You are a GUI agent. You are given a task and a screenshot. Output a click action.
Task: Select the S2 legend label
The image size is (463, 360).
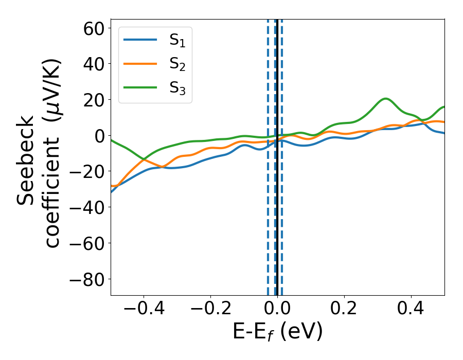[177, 64]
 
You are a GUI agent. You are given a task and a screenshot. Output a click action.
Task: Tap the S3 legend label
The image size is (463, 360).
[177, 88]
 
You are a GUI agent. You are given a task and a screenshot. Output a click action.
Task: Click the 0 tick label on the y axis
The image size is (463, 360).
[99, 136]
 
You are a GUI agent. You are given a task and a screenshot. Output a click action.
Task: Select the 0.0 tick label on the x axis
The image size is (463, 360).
[277, 310]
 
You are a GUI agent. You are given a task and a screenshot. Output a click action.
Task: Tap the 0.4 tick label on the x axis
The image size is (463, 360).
[411, 310]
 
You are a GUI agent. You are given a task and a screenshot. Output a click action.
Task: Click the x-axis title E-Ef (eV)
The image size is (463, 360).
[277, 332]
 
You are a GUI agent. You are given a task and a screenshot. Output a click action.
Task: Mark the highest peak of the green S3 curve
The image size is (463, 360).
[385, 98]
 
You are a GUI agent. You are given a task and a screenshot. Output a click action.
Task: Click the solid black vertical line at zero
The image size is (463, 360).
[277, 206]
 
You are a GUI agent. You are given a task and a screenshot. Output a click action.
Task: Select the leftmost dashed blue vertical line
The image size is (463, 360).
[268, 206]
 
